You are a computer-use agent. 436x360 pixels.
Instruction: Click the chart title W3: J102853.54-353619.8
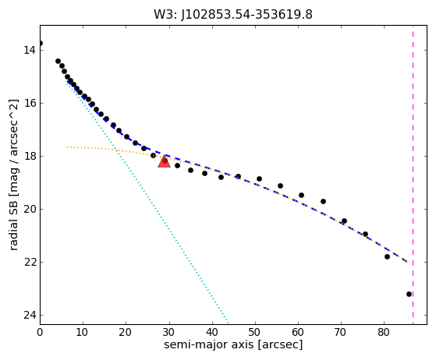[x=233, y=15]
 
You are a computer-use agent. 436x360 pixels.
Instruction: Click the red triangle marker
[x=164, y=161]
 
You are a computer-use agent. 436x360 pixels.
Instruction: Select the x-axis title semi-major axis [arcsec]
[x=233, y=344]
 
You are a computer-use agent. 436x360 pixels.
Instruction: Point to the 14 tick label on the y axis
[x=30, y=51]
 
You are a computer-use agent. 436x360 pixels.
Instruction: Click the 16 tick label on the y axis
[x=30, y=104]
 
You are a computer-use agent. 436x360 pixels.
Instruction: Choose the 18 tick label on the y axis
[x=30, y=157]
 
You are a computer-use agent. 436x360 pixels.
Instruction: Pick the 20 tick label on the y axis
[x=30, y=209]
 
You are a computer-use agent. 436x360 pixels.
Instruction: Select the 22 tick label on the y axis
[x=30, y=263]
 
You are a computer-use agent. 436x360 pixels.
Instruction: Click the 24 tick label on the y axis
[x=30, y=316]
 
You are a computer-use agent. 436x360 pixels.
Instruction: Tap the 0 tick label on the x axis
[x=40, y=332]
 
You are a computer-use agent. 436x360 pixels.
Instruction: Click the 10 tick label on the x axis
[x=83, y=332]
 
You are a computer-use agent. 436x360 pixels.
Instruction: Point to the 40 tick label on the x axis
[x=212, y=332]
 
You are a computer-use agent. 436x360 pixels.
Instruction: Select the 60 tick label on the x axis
[x=298, y=332]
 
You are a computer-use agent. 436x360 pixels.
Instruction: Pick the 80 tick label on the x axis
[x=384, y=332]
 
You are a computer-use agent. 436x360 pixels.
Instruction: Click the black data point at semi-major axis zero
[x=41, y=44]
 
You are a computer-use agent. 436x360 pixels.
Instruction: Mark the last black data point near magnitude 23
[x=409, y=295]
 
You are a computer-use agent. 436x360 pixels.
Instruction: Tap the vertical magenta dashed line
[x=413, y=175]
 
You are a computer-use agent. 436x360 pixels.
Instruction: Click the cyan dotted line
[x=147, y=203]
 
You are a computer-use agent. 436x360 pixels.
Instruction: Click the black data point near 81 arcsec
[x=387, y=256]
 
